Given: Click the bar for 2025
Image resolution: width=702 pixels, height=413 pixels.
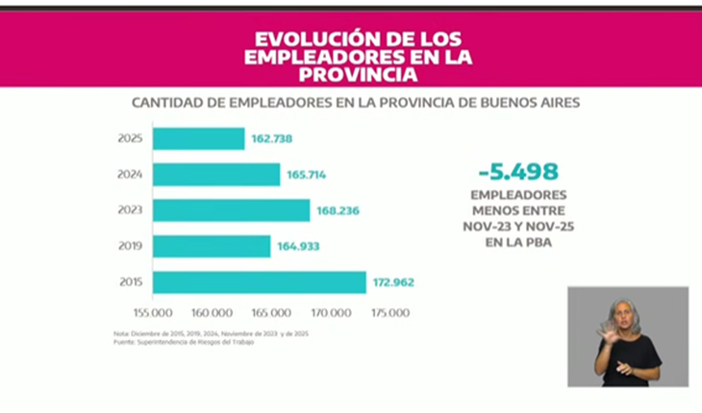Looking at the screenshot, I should point(199,138).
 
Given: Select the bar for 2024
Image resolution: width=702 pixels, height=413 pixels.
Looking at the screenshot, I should point(216,175).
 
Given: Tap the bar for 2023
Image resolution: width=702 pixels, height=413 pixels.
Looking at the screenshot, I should point(232,210).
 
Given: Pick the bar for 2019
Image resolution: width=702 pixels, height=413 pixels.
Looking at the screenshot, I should point(212,247).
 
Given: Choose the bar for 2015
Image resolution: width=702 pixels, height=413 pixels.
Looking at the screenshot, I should point(260,282).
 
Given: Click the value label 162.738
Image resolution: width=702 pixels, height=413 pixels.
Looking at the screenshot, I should point(272,138).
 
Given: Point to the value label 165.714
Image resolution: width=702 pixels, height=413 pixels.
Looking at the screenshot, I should point(308,175).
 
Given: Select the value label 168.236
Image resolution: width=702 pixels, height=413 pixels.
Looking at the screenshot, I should point(338,210).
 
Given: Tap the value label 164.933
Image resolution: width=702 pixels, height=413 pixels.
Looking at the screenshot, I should point(298,247).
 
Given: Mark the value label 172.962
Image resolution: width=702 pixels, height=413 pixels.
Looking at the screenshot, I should point(393,282).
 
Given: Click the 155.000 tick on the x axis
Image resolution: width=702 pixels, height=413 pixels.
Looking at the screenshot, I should point(152,312).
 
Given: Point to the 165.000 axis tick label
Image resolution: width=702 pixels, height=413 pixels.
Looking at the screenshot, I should point(272,312).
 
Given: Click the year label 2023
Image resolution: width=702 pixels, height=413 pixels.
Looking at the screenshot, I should point(131,210).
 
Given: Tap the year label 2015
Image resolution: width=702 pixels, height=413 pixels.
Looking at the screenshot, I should point(131,282).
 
